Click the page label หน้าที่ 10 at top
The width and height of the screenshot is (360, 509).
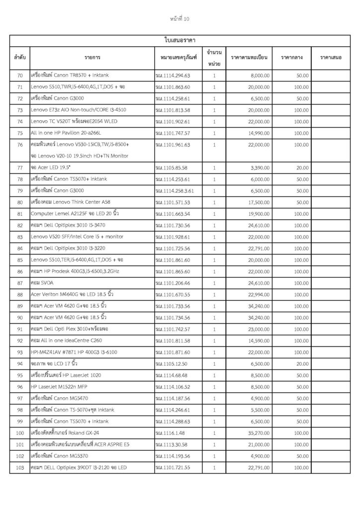coord(180,19)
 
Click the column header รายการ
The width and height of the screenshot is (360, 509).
coord(91,58)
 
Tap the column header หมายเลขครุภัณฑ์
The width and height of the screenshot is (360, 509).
coord(176,58)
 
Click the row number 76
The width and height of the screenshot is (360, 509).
coord(20,145)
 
